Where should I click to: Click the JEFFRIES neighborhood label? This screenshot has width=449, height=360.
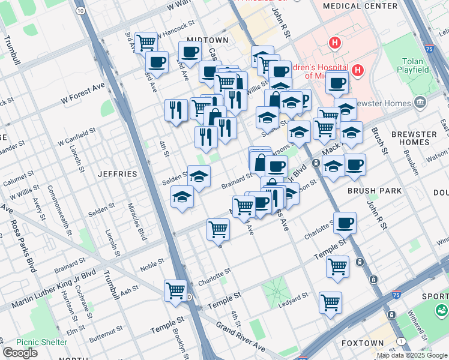118,173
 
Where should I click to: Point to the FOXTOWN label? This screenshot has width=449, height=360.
364,343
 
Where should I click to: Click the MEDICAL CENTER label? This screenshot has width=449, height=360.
360,6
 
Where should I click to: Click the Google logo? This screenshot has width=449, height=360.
20,353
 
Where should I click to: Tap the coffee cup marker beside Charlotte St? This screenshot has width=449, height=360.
345,223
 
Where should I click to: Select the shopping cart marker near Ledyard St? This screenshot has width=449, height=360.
330,301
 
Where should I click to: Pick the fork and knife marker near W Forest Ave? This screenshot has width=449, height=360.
176,109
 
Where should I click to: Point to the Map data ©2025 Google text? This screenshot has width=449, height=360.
411,355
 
